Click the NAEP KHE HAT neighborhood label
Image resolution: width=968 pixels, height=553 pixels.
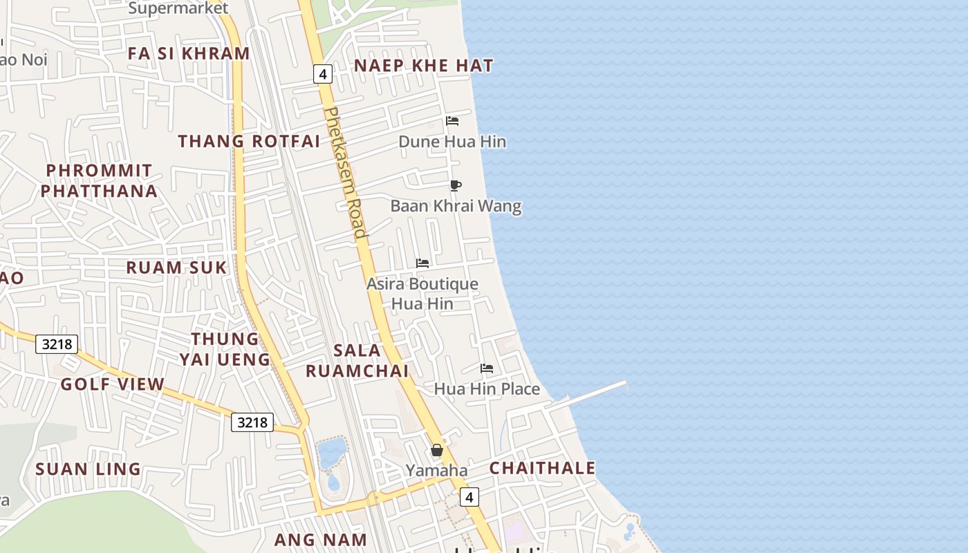pos(424,66)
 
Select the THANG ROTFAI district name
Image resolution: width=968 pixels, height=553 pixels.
pos(249,141)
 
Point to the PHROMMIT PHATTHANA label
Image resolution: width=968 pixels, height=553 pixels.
pos(99,180)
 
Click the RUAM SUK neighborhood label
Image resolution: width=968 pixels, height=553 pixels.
pos(176,268)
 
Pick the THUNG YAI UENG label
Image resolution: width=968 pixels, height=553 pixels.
pos(225,349)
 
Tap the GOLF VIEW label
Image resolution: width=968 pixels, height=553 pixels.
pos(113,384)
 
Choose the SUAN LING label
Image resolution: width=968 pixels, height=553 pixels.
pos(89,469)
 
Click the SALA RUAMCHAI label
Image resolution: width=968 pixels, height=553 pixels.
pos(357,360)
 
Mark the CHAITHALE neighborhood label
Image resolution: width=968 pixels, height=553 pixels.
pos(543,468)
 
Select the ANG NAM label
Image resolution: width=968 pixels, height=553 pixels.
pos(320,539)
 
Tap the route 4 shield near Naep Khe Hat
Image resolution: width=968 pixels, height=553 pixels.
pos(323,73)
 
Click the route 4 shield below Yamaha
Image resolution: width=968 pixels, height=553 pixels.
pos(469,496)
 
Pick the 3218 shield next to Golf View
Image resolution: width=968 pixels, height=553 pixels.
pos(57,344)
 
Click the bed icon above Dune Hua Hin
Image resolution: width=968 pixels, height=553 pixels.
pos(452,121)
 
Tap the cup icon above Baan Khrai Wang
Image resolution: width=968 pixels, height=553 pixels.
pos(455,185)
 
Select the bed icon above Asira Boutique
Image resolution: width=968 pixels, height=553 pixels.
pos(422,263)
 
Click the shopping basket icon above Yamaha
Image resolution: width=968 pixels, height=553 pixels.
pos(437,450)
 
